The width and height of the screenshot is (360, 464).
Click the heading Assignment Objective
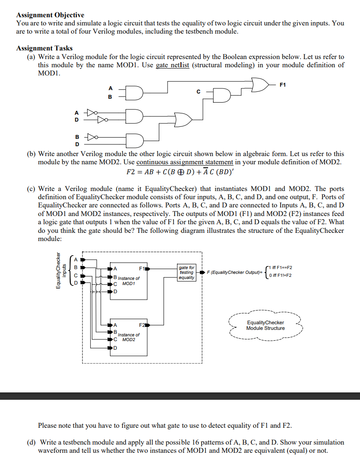[x=50, y=15]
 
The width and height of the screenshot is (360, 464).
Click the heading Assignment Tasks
[x=44, y=48]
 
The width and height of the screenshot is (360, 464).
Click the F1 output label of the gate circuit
[x=283, y=85]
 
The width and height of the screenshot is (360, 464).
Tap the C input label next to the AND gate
[x=198, y=91]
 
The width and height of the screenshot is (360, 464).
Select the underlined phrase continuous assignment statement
[x=185, y=162]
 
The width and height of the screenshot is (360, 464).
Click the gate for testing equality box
[x=186, y=273]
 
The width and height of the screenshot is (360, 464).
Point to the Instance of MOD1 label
[x=129, y=281]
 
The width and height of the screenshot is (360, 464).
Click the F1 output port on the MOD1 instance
[x=144, y=269]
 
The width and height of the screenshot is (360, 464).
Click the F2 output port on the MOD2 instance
[x=144, y=325]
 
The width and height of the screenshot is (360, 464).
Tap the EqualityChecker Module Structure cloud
[x=265, y=325]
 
